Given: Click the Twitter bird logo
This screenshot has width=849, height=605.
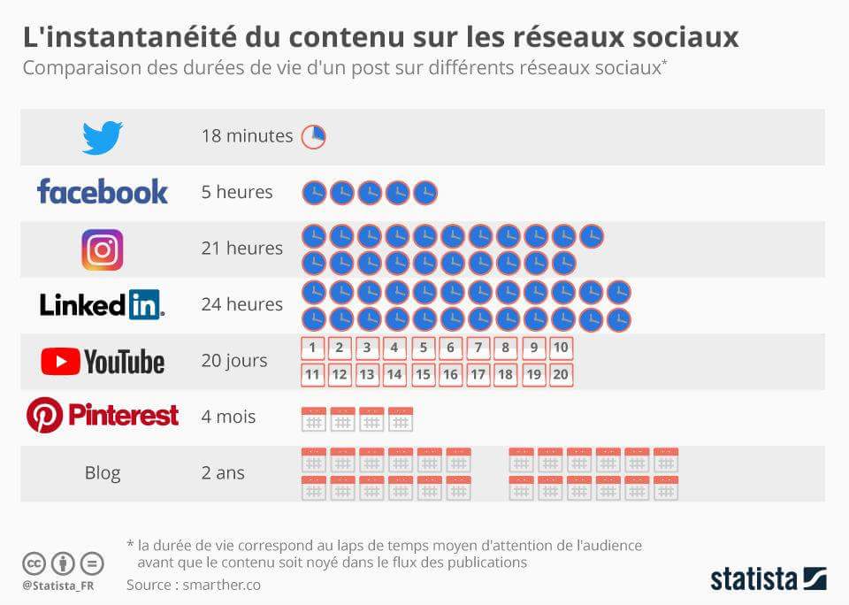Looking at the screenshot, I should [x=103, y=137].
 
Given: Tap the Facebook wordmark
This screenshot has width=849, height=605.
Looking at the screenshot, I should [x=103, y=191].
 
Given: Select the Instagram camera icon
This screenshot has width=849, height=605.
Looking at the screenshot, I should [x=103, y=249].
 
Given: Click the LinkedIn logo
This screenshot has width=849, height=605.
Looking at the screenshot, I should [x=103, y=304].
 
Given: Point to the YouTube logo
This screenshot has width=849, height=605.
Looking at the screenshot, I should [x=103, y=361].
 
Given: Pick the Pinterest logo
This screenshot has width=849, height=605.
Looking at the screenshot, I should [x=103, y=415].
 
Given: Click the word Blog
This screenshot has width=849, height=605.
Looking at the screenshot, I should [x=103, y=473].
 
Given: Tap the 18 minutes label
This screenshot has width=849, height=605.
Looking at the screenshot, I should [x=247, y=136].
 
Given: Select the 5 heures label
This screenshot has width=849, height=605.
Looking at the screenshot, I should [x=237, y=192].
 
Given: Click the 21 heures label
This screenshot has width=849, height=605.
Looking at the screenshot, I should [x=242, y=249].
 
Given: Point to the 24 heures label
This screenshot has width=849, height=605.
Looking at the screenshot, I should [x=242, y=304].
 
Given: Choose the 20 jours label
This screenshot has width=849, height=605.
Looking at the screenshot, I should [x=234, y=361].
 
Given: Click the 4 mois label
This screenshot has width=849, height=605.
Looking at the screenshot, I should [x=228, y=417].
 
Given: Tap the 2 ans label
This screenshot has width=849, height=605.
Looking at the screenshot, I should [x=223, y=473].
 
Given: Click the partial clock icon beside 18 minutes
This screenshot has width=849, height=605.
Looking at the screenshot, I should [x=314, y=136].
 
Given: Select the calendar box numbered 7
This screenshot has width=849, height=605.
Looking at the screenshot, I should [x=478, y=348].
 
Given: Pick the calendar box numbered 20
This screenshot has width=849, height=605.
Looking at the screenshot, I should [x=561, y=374].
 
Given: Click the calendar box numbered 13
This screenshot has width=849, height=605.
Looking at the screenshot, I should [x=368, y=374].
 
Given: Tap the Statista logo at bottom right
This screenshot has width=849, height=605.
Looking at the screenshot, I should [x=768, y=579].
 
